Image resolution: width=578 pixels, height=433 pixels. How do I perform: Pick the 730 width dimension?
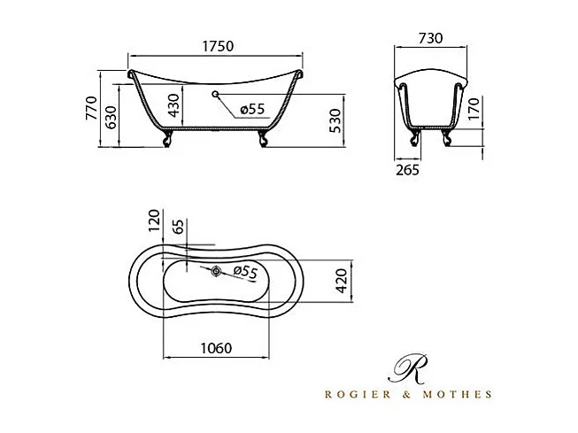[x=429, y=39]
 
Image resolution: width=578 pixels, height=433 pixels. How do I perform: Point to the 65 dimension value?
[x=180, y=229]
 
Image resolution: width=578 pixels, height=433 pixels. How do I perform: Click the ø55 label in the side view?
[x=251, y=109]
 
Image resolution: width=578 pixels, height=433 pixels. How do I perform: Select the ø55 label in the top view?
[x=243, y=273]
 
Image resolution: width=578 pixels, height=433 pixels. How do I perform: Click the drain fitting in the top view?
[x=216, y=270]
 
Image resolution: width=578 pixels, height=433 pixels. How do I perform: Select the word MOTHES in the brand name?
[x=461, y=393]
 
